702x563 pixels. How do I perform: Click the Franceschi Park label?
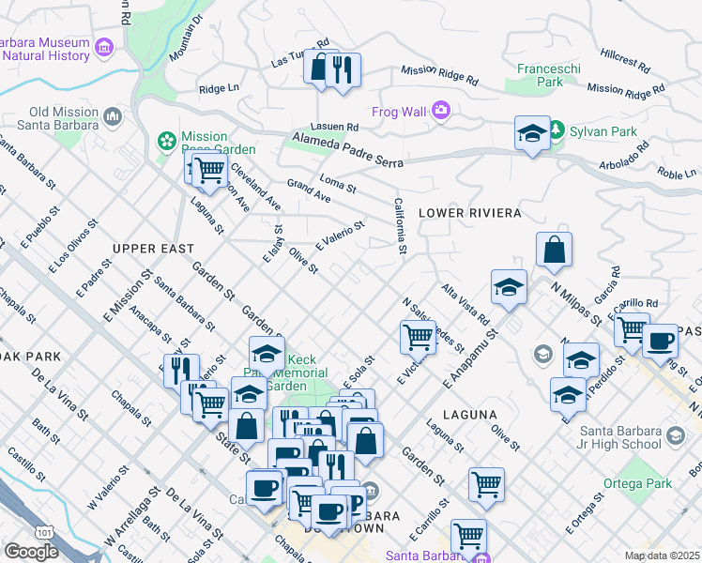(540, 75)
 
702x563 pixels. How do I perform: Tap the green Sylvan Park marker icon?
(557, 129)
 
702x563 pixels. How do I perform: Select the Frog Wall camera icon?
(441, 113)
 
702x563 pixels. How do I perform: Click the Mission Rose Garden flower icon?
(166, 142)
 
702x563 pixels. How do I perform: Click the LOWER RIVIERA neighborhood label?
(469, 214)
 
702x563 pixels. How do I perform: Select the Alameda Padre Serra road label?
(347, 150)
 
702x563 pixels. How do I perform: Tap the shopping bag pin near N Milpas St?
(554, 251)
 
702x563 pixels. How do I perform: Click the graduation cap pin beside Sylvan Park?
(532, 133)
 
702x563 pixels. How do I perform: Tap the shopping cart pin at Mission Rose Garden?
(210, 170)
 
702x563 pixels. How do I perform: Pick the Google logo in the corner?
(31, 551)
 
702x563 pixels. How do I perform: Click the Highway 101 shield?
(35, 530)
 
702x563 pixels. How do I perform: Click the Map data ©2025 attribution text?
(662, 555)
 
